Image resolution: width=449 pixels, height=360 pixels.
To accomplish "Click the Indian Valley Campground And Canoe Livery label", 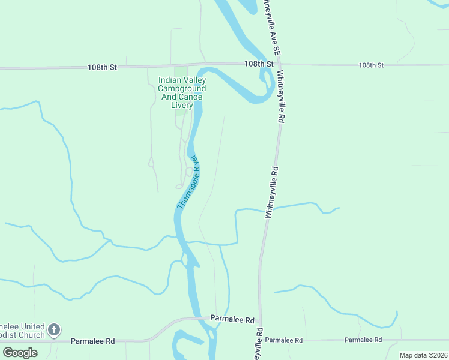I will [x=182, y=92].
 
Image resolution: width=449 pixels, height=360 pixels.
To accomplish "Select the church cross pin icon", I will [x=54, y=329].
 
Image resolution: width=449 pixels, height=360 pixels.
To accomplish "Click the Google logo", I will [x=20, y=352].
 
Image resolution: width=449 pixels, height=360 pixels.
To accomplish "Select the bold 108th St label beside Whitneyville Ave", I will [x=259, y=64].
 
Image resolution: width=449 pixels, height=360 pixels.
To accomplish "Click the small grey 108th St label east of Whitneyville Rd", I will [x=370, y=65].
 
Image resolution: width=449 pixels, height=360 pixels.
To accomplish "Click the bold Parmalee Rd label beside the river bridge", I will [x=232, y=320].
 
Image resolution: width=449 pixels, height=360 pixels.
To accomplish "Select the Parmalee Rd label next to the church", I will [x=92, y=341].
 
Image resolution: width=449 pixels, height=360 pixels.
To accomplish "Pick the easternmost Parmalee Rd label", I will [x=363, y=340].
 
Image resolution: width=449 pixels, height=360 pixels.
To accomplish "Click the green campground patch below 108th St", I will [x=181, y=71].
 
